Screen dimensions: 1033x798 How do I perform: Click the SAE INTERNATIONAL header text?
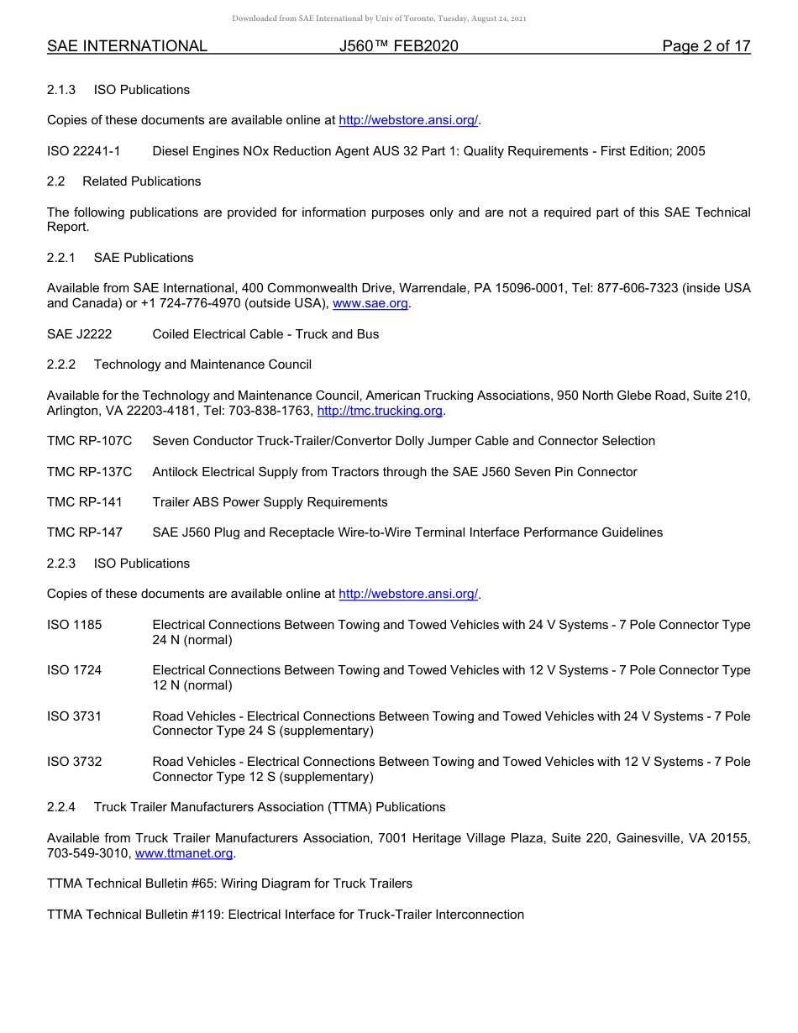tap(127, 46)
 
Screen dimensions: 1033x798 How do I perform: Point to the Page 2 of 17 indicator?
tap(706, 46)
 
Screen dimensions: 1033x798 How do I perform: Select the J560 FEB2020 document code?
tap(399, 46)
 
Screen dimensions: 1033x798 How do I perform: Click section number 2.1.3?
tap(61, 90)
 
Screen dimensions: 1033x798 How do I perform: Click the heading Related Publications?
tap(141, 181)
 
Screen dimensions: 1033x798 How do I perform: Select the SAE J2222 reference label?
tap(79, 334)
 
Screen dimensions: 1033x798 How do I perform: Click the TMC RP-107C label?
tap(89, 441)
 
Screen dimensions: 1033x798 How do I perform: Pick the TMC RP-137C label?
tap(89, 472)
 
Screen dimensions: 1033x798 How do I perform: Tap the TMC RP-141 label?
tap(85, 502)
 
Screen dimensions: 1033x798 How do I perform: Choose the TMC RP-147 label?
tap(85, 532)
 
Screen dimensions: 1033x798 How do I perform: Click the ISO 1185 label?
tap(74, 625)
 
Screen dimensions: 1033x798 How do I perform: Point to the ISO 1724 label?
tap(74, 670)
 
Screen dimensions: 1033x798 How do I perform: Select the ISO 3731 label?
tap(74, 716)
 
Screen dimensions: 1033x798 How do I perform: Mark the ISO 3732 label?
tap(74, 762)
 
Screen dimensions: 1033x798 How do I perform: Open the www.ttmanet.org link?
tap(184, 853)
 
